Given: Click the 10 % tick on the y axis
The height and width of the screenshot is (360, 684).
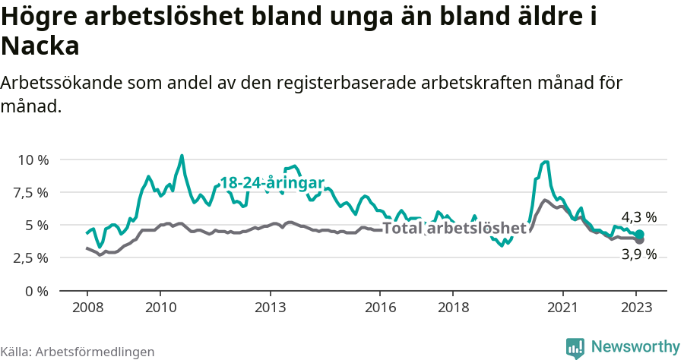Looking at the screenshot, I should click(33, 160).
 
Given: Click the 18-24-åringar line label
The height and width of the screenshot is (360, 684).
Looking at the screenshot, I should click(272, 183).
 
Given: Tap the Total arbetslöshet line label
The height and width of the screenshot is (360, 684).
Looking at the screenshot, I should click(454, 228).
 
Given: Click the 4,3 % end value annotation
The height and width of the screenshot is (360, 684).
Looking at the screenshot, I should click(638, 217).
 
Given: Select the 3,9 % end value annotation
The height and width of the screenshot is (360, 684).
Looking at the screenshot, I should click(638, 255).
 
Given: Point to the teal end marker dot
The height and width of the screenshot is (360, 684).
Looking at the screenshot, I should click(639, 234).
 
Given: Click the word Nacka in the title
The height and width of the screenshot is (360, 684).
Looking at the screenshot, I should click(40, 46).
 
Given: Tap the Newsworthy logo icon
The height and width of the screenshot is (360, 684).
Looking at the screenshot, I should click(575, 347).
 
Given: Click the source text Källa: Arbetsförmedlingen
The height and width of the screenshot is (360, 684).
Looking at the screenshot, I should click(78, 352).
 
